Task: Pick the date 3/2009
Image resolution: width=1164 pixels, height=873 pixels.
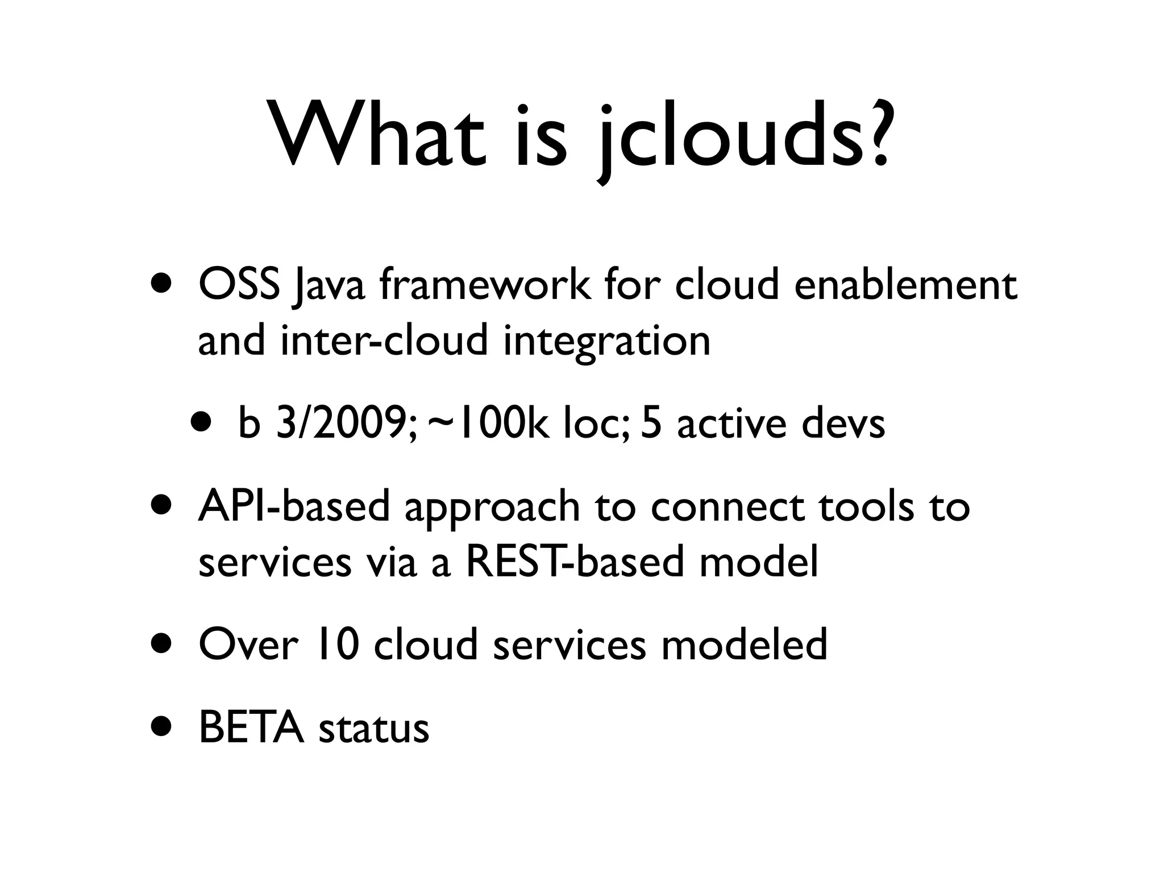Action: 347,424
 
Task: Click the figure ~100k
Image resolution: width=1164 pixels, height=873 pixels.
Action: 488,424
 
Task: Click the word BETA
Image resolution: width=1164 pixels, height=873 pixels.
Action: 251,727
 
